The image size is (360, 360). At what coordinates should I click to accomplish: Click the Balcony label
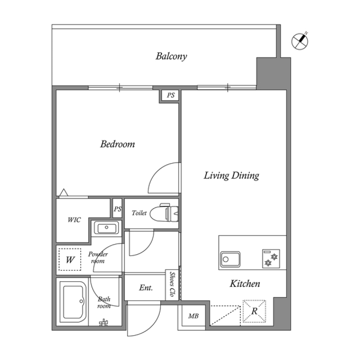[171, 57]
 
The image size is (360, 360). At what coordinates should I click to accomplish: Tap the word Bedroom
[117, 144]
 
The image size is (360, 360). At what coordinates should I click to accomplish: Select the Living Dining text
[231, 175]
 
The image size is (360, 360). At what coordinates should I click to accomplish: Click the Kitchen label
[244, 284]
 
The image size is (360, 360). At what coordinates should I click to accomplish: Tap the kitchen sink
[230, 259]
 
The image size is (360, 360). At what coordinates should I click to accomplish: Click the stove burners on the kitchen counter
[271, 259]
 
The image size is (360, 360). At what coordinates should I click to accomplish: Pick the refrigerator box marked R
[254, 311]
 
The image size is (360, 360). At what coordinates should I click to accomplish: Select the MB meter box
[193, 316]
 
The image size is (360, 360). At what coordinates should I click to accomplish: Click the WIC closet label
[74, 220]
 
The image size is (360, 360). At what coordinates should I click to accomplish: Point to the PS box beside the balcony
[171, 96]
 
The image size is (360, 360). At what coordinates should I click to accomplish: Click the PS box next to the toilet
[117, 209]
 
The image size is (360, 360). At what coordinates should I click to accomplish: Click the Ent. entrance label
[146, 288]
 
